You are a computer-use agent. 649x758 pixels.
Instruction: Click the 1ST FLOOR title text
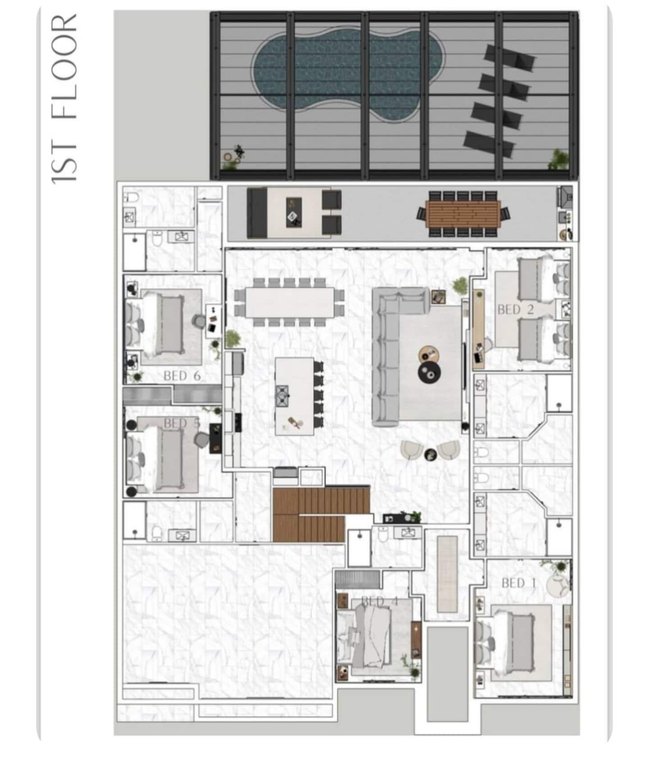(64, 99)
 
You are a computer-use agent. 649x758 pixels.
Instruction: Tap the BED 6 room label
(182, 376)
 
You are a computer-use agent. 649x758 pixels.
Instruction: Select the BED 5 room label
(182, 423)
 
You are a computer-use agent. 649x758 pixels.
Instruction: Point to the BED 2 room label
(515, 309)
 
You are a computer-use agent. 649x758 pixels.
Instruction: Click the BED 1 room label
(519, 583)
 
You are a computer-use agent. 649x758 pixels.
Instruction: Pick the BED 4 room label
(380, 601)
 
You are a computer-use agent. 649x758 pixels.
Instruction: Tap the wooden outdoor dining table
(463, 214)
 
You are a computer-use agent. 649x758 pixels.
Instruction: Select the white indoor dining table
(290, 302)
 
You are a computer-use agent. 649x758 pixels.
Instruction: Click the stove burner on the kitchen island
(282, 395)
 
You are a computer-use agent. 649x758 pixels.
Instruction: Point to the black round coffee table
(430, 372)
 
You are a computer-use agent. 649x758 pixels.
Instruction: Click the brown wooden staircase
(321, 515)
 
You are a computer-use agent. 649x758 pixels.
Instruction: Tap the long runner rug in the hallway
(447, 574)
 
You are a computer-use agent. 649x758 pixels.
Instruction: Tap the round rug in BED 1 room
(557, 585)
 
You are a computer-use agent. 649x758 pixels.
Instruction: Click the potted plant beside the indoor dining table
(233, 339)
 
